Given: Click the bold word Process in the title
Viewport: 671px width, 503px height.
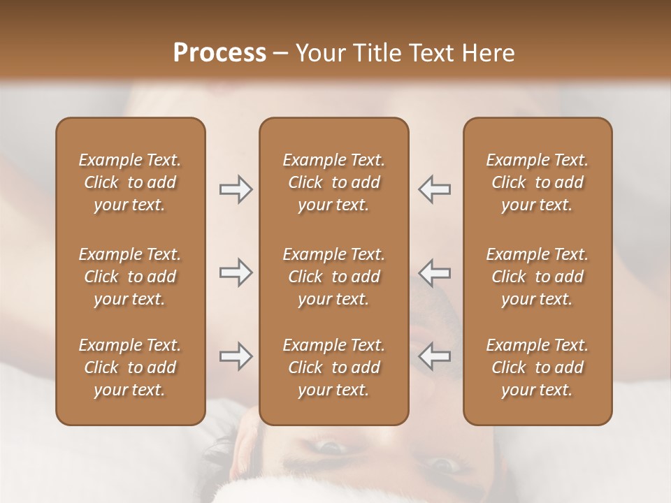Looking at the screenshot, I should point(219,53).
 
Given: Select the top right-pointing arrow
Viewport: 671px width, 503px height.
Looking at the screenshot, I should point(236,189).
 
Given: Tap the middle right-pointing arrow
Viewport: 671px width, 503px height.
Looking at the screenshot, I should point(236,272).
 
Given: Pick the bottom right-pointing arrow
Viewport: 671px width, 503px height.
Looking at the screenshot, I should point(236,356).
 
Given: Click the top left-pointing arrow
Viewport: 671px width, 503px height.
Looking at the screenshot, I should point(435,189).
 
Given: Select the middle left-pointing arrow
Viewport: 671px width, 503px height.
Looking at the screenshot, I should point(435,272).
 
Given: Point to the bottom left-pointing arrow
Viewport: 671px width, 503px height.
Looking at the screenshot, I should point(435,356).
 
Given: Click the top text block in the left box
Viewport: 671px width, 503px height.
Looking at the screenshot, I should point(130,182).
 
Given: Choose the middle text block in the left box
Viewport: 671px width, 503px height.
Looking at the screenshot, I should point(130,277).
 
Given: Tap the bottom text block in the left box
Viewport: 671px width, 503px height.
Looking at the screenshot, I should point(130,367).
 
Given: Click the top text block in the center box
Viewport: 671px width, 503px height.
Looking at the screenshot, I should point(333,182).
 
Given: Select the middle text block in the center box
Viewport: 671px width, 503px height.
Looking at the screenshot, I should point(333,277).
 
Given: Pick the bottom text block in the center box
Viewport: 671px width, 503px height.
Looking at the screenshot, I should point(333,367).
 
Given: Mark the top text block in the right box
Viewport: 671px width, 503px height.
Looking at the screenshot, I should point(537,182).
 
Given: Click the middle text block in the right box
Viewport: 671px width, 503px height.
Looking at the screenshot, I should point(537,277).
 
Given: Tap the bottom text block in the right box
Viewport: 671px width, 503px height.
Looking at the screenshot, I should point(537,367).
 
